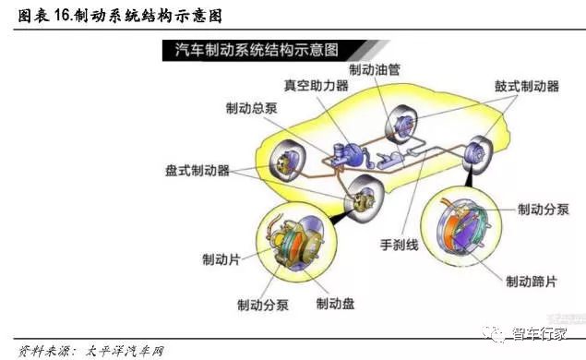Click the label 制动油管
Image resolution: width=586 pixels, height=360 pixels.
[x=375, y=69]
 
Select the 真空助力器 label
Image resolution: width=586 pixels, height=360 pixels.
[x=317, y=85]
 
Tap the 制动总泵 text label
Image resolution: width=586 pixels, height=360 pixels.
[x=252, y=108]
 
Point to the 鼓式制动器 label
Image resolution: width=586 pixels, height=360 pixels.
[x=527, y=87]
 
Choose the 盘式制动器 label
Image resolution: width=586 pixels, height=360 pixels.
[x=197, y=171]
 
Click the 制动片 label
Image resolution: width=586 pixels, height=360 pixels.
[x=221, y=259]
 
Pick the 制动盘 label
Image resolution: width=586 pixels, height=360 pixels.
[x=335, y=304]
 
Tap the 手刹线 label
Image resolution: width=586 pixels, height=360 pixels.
[x=400, y=246]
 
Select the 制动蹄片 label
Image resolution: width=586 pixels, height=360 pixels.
[x=532, y=282]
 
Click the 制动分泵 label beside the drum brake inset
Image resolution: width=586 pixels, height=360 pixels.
[x=544, y=210]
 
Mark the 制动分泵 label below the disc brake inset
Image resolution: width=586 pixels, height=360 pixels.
[x=263, y=305]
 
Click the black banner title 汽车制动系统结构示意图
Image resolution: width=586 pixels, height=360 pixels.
[x=257, y=50]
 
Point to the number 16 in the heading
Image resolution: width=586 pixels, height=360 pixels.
[x=62, y=15]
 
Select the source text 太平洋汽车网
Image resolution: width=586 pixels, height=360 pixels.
[x=125, y=352]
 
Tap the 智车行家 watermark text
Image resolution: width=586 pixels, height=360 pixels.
[x=539, y=333]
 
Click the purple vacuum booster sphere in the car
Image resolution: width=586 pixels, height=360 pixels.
[x=352, y=154]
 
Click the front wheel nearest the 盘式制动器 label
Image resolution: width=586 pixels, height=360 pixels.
[x=288, y=162]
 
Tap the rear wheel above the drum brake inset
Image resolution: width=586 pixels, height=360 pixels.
[x=478, y=155]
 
